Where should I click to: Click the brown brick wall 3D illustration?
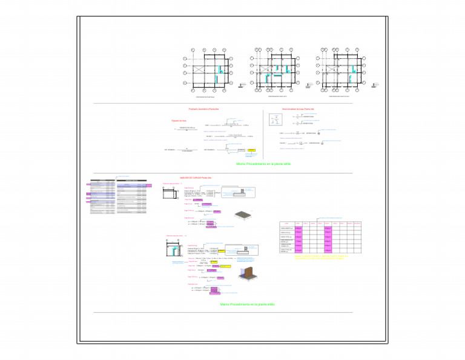[248, 274]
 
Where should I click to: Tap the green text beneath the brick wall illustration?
[247, 304]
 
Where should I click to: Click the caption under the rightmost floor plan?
[338, 96]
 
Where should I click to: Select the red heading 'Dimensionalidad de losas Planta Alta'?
[298, 109]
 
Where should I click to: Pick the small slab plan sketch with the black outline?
[171, 195]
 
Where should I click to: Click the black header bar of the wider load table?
[131, 180]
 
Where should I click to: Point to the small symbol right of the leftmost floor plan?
[242, 85]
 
